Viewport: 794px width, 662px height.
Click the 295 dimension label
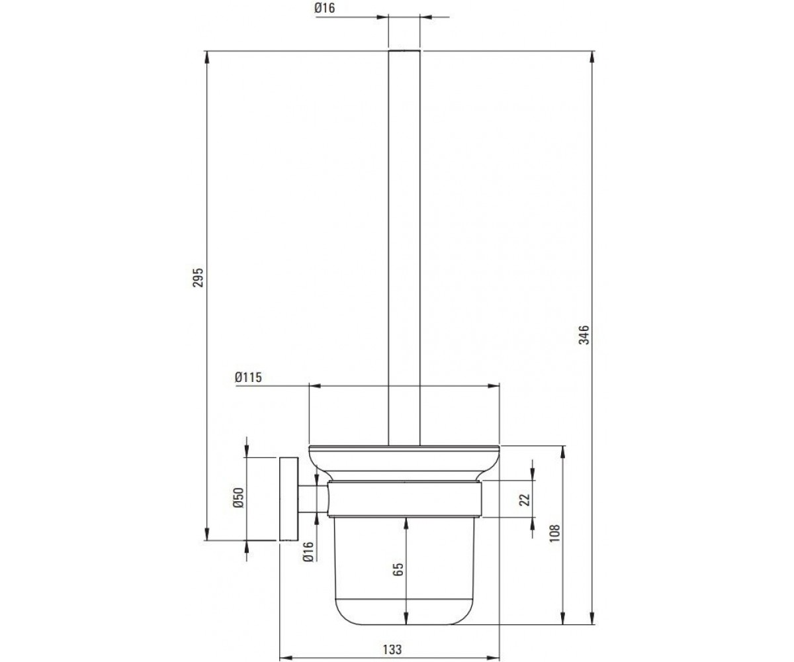coord(198,278)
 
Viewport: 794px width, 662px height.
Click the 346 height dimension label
coord(584,335)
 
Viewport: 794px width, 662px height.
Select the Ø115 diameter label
coord(248,377)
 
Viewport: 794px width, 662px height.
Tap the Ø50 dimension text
coord(239,498)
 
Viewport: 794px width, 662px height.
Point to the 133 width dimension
coord(392,649)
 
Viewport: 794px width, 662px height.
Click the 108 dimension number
coord(555,533)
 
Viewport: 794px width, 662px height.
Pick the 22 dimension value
coord(525,500)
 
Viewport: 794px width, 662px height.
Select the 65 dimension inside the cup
coord(398,569)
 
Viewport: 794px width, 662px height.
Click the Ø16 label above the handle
coord(325,8)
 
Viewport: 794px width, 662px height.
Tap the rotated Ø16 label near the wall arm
coord(308,551)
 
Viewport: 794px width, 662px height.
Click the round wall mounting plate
coord(289,498)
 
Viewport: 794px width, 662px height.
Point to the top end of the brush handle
coord(404,50)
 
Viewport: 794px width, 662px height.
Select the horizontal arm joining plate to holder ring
coord(312,498)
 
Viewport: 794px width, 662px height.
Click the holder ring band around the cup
coord(404,498)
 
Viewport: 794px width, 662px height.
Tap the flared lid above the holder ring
coord(404,463)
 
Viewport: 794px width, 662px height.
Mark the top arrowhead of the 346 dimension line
coord(592,57)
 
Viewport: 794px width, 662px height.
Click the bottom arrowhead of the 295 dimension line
coord(207,534)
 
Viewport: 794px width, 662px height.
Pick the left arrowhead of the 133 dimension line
coord(286,657)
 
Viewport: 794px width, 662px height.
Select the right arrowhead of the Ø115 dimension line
coord(493,386)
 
